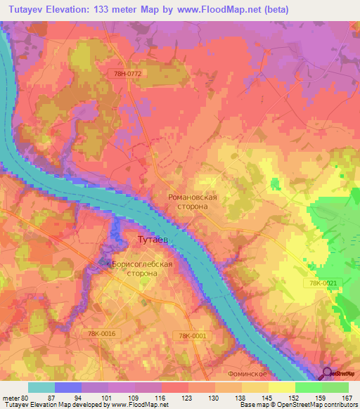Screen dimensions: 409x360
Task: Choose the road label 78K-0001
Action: pyautogui.click(x=193, y=336)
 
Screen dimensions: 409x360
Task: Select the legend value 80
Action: pyautogui.click(x=25, y=398)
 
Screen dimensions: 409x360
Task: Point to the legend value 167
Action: pyautogui.click(x=347, y=398)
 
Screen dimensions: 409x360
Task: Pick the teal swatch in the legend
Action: pyautogui.click(x=41, y=387)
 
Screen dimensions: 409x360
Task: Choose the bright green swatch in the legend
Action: pyautogui.click(x=309, y=387)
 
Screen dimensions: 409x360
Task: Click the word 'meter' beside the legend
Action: pyautogui.click(x=11, y=398)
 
